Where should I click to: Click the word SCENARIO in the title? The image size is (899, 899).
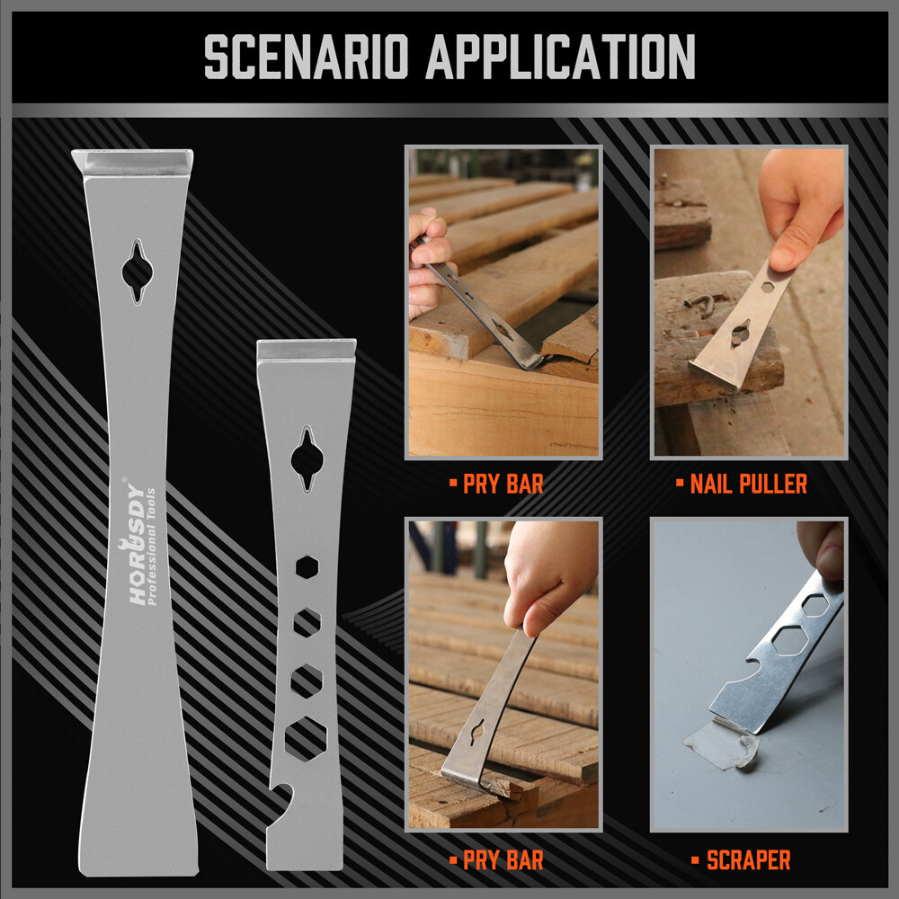coord(306,56)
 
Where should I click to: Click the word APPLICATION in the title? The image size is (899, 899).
coord(560,56)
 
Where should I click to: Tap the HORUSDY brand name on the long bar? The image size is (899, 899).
coord(136,544)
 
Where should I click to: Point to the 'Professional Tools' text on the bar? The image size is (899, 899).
coord(151,547)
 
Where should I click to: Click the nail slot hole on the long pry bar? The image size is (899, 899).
coord(137,271)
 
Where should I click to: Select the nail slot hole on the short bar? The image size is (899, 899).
coord(307,459)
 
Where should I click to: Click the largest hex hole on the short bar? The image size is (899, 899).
coord(306,738)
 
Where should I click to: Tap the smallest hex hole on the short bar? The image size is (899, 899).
coord(307,567)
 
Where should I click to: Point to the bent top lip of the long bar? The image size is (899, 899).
coord(132,162)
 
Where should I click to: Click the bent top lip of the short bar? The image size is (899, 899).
coord(307,349)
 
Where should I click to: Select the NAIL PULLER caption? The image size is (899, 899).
coord(748,484)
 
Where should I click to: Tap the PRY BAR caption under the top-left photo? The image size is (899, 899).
coord(503,484)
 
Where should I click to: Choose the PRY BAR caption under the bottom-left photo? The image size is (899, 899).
coord(503,860)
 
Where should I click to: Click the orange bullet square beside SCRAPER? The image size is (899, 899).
coord(696,860)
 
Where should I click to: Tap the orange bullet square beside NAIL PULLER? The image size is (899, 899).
coord(680,484)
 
